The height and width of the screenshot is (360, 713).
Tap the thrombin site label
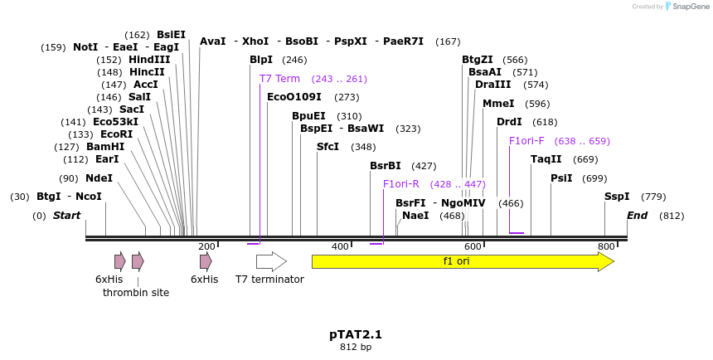click(x=136, y=293)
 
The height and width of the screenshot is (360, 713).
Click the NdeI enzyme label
click(x=99, y=178)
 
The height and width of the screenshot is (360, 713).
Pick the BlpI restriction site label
click(x=261, y=60)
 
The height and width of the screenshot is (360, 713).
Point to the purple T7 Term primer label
click(x=279, y=79)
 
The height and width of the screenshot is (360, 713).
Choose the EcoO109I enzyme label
click(x=294, y=97)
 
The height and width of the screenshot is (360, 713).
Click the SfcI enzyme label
click(x=328, y=147)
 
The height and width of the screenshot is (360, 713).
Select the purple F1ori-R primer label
click(x=401, y=184)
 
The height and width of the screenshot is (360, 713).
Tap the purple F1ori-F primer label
click(x=526, y=141)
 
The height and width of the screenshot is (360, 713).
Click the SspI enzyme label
click(x=617, y=197)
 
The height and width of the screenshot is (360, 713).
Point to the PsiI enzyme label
click(x=561, y=178)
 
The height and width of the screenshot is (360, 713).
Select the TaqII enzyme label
click(x=546, y=159)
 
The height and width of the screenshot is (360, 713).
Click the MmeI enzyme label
click(x=498, y=104)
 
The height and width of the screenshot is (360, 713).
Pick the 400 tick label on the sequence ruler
click(x=340, y=246)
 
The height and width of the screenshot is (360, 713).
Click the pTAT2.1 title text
click(x=356, y=334)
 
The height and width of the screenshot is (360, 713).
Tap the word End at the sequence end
click(x=638, y=216)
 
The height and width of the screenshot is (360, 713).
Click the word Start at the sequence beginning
click(x=67, y=216)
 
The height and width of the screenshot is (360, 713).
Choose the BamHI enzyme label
click(x=105, y=147)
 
